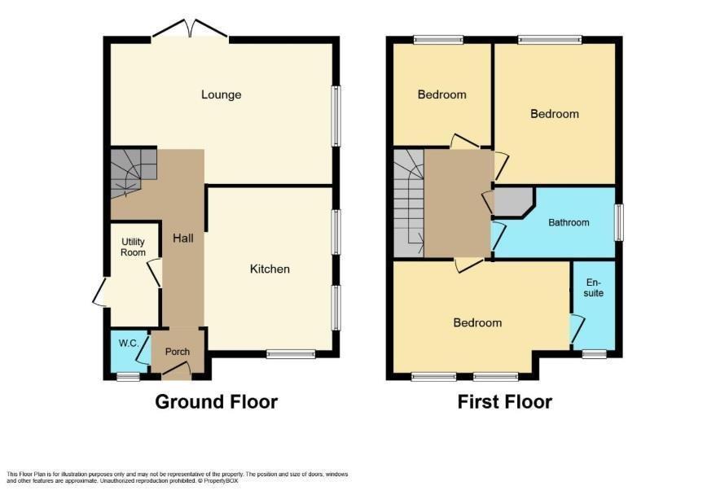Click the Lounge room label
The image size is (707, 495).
(x=221, y=94)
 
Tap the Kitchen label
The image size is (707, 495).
(x=270, y=269)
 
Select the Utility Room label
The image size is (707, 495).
(x=133, y=247)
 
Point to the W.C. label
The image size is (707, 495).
(x=128, y=343)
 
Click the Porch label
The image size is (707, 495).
(x=178, y=352)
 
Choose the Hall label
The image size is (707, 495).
(x=183, y=238)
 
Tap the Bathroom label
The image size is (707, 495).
(x=569, y=222)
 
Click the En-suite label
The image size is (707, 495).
(x=594, y=287)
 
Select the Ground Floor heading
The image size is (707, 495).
(x=217, y=401)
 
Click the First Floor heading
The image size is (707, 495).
(x=504, y=401)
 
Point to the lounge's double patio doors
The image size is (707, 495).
(x=191, y=28)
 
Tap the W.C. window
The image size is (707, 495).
(x=128, y=376)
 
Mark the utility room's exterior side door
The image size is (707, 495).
(x=99, y=292)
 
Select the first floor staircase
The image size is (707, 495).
(x=409, y=203)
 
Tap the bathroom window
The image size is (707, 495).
(x=620, y=222)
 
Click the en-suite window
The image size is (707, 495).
(x=595, y=354)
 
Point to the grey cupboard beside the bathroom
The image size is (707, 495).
(x=514, y=202)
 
